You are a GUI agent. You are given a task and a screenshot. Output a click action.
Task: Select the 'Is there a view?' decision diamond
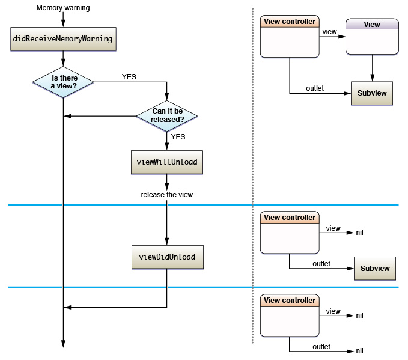(63, 81)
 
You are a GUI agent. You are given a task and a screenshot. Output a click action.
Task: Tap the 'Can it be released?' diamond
(166, 114)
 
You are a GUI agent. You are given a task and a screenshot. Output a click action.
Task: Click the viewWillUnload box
(166, 162)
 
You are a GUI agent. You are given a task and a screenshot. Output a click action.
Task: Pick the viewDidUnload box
(166, 257)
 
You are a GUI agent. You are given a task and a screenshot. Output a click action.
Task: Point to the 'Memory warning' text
(63, 8)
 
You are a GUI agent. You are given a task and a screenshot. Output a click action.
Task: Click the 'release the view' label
(166, 195)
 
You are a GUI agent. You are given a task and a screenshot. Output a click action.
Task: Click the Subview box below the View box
(372, 93)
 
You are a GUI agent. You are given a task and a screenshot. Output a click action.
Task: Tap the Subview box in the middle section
(375, 269)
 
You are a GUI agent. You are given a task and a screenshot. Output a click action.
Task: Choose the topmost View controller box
(290, 38)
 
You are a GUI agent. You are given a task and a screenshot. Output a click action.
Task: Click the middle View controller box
(289, 233)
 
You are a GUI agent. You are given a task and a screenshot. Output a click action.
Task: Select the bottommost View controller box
(289, 316)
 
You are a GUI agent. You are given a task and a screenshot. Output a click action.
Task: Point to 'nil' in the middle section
(360, 232)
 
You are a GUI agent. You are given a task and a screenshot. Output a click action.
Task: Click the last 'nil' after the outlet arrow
(360, 351)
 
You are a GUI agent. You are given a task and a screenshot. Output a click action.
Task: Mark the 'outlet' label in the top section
(314, 88)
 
